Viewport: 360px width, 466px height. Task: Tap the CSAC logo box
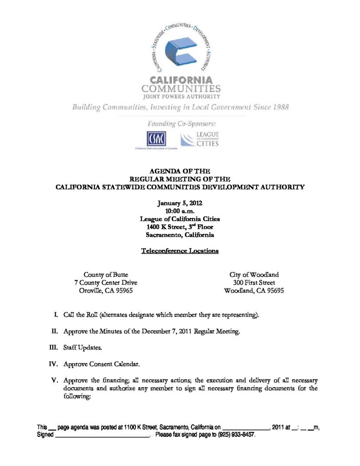click(x=156, y=138)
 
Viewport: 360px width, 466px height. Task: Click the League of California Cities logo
click(x=200, y=139)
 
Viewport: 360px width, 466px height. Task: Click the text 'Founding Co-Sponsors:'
click(x=181, y=123)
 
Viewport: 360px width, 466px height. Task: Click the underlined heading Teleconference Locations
click(x=180, y=251)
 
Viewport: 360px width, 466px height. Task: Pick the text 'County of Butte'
click(x=106, y=275)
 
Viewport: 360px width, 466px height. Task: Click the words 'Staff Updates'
click(x=83, y=348)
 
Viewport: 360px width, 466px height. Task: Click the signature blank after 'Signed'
click(x=102, y=435)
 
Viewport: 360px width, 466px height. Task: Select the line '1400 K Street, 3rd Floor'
click(x=180, y=227)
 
